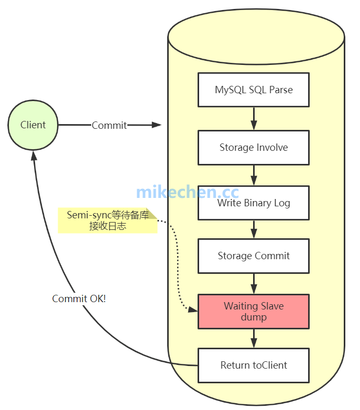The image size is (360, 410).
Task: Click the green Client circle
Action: [x=33, y=125]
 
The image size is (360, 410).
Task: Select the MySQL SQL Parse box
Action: [x=254, y=90]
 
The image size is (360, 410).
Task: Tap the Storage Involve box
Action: [x=254, y=147]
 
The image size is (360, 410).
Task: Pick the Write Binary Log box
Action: [x=254, y=203]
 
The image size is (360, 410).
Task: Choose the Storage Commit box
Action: [x=254, y=256]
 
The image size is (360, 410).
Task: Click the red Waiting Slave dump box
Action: [x=254, y=312]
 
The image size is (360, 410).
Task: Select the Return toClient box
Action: [x=254, y=365]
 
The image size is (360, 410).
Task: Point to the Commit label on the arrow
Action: [x=109, y=125]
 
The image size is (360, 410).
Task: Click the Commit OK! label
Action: [x=79, y=298]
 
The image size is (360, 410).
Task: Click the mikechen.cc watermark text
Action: [x=187, y=192]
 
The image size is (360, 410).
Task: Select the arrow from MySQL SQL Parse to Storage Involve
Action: [x=254, y=118]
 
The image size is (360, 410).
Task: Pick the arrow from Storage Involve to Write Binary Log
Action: [x=254, y=174]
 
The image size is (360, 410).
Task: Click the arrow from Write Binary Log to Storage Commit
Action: [x=254, y=229]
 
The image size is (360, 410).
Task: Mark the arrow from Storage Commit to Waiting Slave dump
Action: [x=254, y=283]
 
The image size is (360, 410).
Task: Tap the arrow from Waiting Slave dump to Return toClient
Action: [x=254, y=338]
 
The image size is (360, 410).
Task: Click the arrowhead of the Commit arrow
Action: [x=156, y=125]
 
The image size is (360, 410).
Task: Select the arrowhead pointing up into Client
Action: [x=34, y=155]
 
